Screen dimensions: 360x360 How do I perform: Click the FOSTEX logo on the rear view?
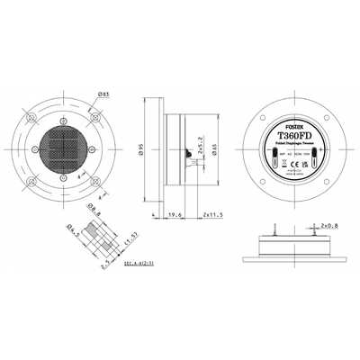pyautogui.click(x=291, y=126)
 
